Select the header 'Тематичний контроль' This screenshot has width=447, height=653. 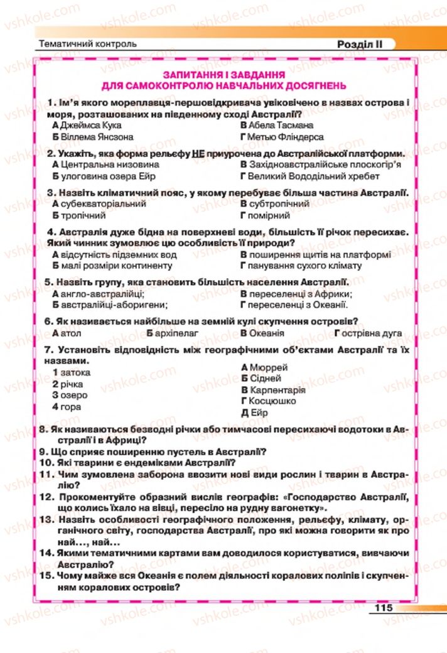tap(87, 45)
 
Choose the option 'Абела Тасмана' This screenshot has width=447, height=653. tap(276, 125)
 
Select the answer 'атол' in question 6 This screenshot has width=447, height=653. tap(66, 333)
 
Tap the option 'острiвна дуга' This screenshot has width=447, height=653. tap(370, 333)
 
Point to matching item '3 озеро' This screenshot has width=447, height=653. tap(70, 395)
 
